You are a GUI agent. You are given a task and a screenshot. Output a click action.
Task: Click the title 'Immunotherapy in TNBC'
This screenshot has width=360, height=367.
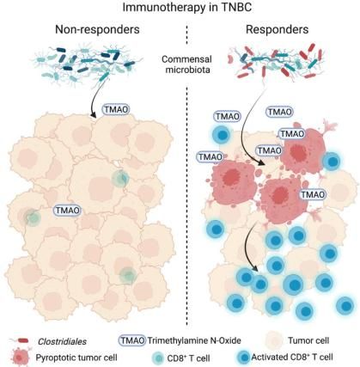[187, 7]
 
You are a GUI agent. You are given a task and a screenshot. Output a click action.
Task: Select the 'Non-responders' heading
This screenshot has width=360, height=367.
[97, 29]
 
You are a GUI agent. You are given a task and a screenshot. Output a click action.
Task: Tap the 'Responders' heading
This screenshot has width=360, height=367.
[277, 29]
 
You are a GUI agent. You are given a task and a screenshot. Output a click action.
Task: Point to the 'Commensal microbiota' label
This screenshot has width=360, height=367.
[186, 64]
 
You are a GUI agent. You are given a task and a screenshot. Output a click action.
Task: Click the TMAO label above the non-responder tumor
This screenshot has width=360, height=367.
[116, 109]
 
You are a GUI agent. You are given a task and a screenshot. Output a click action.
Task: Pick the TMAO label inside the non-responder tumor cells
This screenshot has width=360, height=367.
[67, 211]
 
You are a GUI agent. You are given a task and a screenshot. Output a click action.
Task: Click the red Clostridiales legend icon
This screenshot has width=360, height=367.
[22, 340]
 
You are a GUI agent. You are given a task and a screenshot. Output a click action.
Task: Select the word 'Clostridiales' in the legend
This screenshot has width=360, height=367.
[62, 341]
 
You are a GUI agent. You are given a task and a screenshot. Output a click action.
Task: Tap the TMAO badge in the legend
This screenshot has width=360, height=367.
[132, 340]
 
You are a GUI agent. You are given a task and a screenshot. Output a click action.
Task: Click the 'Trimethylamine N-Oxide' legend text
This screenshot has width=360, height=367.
[194, 340]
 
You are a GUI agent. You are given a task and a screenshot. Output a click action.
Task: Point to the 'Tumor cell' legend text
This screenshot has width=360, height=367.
[308, 340]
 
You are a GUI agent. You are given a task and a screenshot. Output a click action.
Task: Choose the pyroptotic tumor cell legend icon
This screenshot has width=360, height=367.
[20, 357]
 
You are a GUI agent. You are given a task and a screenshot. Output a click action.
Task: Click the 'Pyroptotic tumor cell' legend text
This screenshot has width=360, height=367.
[76, 358]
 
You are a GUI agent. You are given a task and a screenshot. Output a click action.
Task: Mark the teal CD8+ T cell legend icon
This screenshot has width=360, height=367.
[157, 358]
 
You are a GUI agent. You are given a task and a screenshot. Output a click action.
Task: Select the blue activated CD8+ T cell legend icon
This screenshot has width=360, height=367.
[243, 358]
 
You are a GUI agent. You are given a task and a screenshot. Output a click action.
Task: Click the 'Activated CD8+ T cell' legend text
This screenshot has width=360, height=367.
[292, 357]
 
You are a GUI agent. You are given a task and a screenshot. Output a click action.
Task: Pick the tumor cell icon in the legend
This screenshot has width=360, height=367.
[276, 340]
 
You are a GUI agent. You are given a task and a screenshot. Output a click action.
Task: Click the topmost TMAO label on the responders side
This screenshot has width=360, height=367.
[279, 112]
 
